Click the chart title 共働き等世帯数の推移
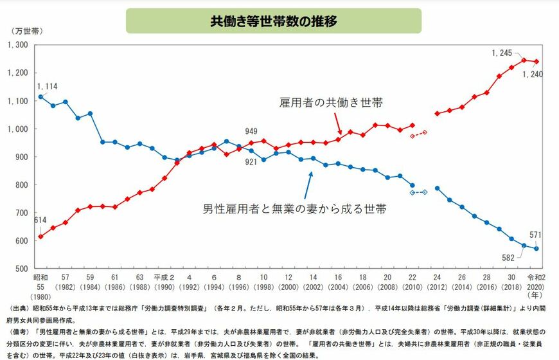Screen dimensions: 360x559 click(x=274, y=21)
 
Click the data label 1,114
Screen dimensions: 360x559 click(x=48, y=86)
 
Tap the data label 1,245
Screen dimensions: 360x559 click(x=502, y=53)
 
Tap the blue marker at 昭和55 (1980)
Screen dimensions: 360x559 click(x=41, y=97)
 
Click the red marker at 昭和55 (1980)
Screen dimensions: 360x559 click(x=41, y=237)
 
